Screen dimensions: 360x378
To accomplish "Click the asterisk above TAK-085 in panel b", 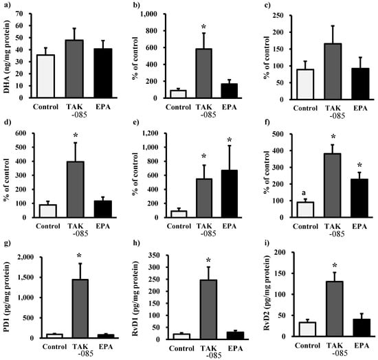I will tap(204, 27).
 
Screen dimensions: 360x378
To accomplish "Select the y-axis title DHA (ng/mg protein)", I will tap(8, 56).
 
